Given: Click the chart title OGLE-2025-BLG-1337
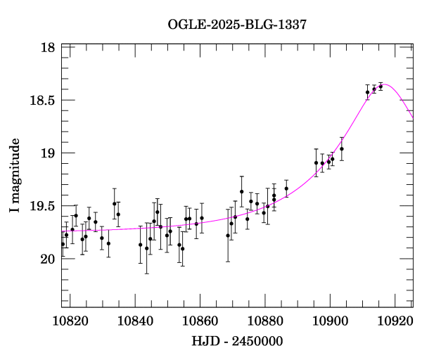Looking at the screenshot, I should pyautogui.click(x=237, y=25).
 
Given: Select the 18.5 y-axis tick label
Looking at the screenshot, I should pyautogui.click(x=42, y=101).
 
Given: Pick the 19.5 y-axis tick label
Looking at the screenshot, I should pyautogui.click(x=42, y=206).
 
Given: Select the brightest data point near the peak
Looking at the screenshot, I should pyautogui.click(x=381, y=86).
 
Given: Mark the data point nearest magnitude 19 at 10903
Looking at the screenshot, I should pyautogui.click(x=341, y=149).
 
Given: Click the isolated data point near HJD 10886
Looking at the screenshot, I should pyautogui.click(x=286, y=188).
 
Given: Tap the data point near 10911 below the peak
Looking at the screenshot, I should pyautogui.click(x=367, y=92).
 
